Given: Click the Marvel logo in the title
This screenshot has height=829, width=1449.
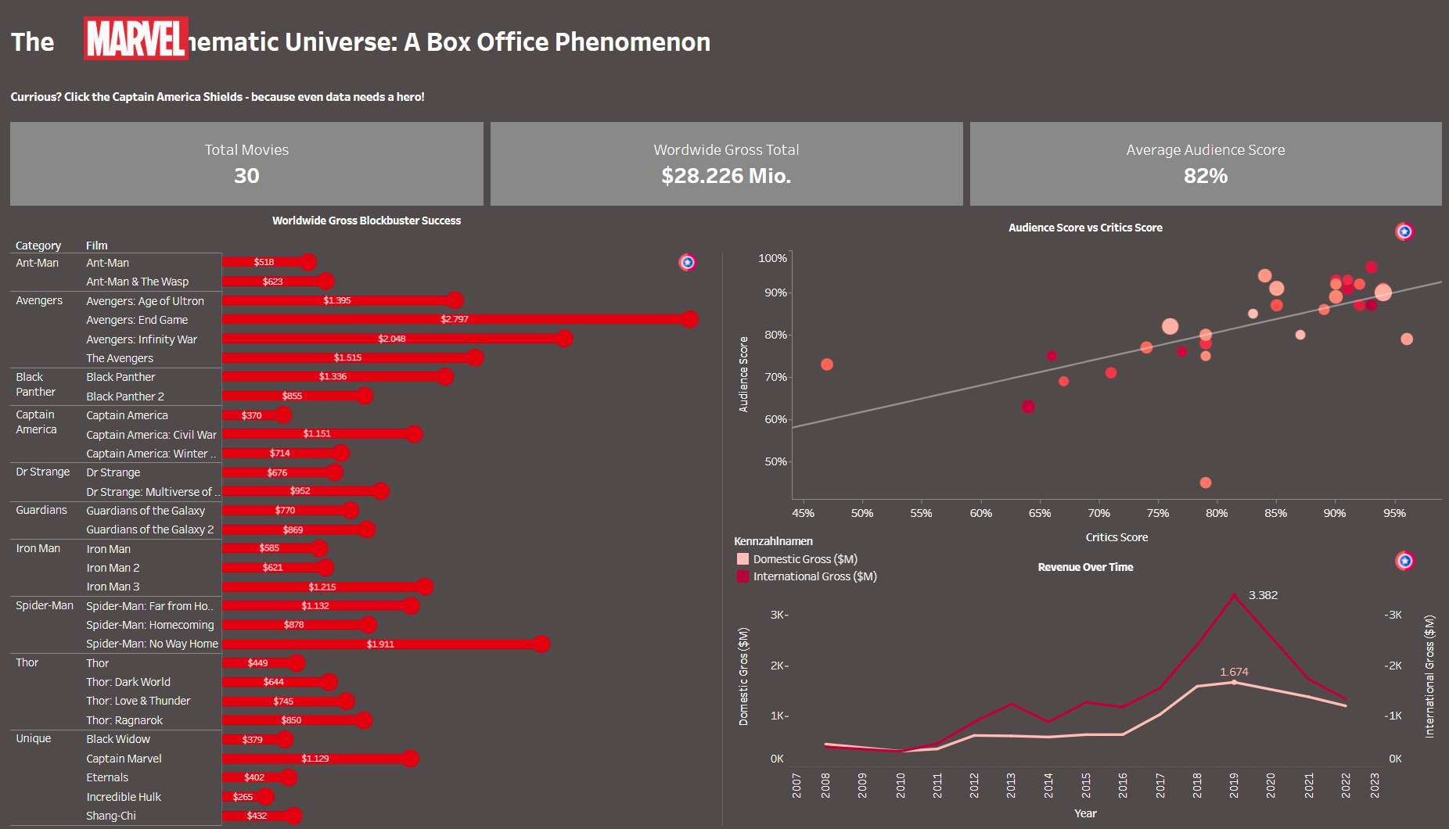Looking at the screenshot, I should coord(136,38).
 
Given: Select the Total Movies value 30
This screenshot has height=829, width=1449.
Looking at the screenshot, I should coord(246,176).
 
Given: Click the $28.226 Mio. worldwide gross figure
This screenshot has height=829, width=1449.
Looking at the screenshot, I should coord(726,176).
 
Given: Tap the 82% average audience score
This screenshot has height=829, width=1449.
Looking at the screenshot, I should coord(1205,176).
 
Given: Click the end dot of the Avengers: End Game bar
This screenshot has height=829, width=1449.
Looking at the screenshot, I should coord(689,319).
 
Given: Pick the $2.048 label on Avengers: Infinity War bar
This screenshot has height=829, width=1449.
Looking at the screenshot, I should coord(392,339).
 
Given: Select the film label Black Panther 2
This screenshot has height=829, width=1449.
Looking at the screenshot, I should coord(125,397).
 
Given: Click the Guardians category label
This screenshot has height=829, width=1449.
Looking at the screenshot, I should coord(41,510).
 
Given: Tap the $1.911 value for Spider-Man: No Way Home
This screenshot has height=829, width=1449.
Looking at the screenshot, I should coord(380,644).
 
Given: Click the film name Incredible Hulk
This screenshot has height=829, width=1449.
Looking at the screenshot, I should coord(124,797).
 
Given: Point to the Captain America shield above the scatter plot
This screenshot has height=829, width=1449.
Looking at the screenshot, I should coord(1404,231).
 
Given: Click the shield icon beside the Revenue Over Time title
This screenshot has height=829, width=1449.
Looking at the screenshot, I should coord(1404,561).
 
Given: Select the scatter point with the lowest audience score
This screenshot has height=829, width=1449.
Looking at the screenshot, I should coord(1206,483).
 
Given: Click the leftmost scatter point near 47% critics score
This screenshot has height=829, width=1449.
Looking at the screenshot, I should coord(827,364).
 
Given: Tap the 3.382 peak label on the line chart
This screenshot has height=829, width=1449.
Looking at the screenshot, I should coord(1263,595).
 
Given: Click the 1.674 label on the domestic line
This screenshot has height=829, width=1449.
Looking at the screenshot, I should coord(1234,672).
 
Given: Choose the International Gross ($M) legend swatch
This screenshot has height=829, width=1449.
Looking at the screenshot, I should coord(742,576).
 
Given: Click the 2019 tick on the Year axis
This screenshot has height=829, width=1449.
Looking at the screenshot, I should coord(1234,784).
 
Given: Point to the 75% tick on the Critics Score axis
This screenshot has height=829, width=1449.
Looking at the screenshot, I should coord(1158,513).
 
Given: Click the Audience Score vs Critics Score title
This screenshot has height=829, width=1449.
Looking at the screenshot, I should coord(1085,228).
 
